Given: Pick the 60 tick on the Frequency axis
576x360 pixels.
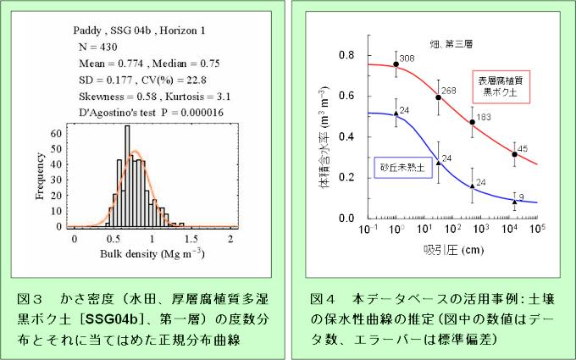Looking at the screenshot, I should click(x=56, y=134).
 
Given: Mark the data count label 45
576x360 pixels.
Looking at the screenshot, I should click(x=523, y=148).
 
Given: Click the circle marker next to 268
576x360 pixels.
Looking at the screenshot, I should click(x=438, y=97).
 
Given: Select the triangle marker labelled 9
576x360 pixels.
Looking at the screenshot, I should click(x=514, y=202).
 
